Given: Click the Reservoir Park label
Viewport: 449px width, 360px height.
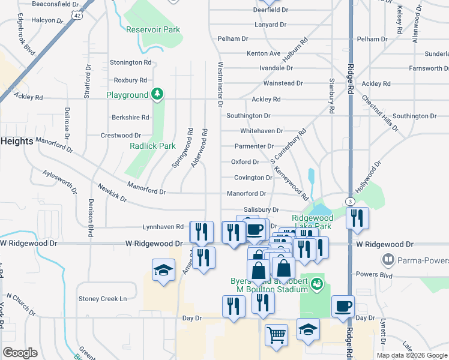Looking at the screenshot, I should coord(153,29).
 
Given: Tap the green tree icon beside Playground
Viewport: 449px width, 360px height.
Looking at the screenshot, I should coord(157,94).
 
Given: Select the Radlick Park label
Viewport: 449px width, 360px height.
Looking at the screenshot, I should coord(152,146).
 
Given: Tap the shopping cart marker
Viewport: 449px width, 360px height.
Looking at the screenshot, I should coord(276,335).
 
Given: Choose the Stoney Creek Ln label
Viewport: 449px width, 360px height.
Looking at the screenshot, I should coord(103,298).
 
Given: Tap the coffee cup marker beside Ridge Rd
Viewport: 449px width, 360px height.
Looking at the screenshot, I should coord(343,306).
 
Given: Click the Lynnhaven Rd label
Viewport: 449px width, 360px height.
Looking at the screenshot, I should coord(163,227).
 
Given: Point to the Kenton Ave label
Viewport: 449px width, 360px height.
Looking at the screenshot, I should coord(264,53).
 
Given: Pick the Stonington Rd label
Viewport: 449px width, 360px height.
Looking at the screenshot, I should coord(130,62).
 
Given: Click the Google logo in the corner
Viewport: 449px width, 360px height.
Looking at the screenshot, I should coord(20,352).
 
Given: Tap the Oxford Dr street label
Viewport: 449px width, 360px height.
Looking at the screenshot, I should coord(245,162).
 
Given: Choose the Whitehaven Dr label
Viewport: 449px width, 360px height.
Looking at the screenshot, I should coord(261,130).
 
